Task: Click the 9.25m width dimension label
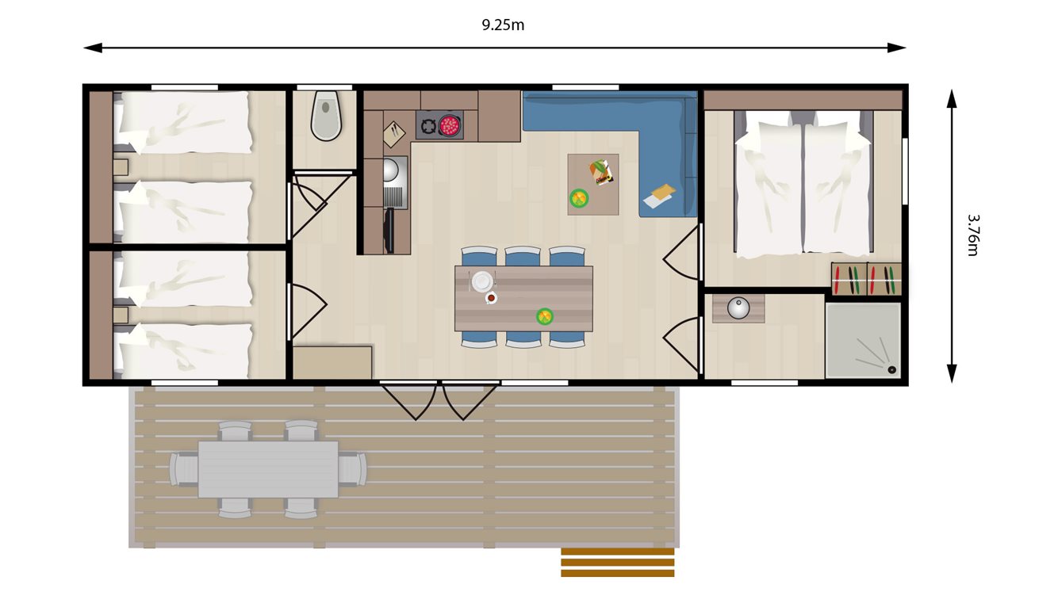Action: (x=503, y=25)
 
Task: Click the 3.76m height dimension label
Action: (x=972, y=235)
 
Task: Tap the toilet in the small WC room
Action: (x=326, y=116)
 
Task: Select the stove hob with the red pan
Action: (x=439, y=125)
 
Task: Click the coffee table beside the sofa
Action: (x=592, y=184)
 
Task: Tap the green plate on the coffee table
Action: (x=580, y=197)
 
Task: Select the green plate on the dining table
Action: (x=545, y=317)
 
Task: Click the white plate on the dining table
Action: (x=481, y=281)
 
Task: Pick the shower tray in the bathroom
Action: (x=863, y=340)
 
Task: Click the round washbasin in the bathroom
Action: (x=738, y=308)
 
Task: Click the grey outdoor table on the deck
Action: (x=268, y=469)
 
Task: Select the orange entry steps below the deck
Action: (x=617, y=562)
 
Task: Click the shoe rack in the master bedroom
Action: (x=866, y=279)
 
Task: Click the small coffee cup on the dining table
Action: (x=492, y=298)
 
